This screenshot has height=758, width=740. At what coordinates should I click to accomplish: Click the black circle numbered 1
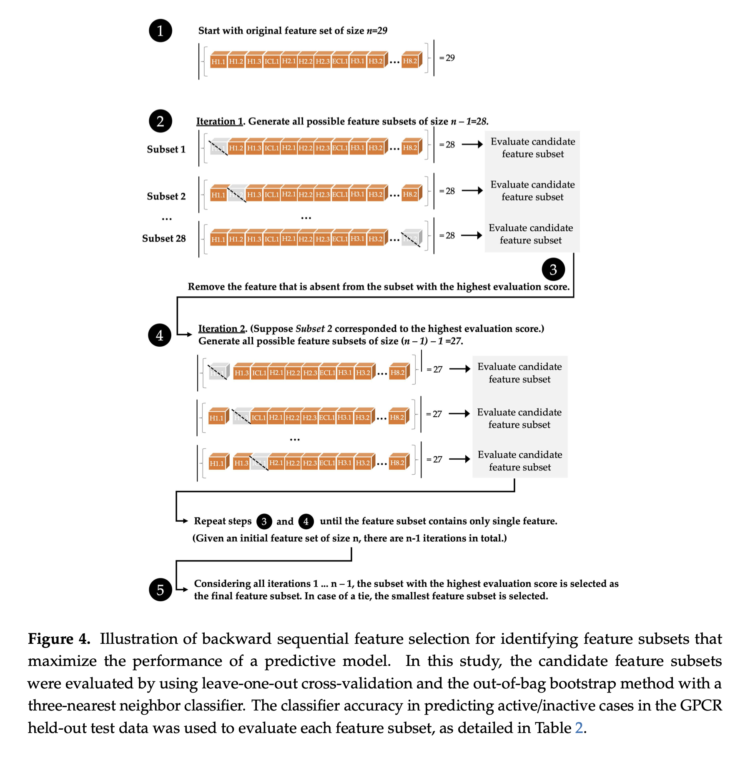(161, 31)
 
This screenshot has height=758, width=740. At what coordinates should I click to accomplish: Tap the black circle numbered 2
(161, 121)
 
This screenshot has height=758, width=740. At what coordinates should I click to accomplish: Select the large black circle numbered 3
(553, 270)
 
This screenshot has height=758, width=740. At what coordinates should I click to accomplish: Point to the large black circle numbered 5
(161, 590)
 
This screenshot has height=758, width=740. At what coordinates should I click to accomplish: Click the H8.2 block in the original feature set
(411, 61)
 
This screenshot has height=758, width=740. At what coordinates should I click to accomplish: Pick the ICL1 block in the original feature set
(271, 61)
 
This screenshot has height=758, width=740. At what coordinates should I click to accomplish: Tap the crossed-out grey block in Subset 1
(218, 147)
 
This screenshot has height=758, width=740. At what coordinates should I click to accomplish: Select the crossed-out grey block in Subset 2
(237, 194)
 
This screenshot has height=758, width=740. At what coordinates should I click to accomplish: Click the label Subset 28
(164, 239)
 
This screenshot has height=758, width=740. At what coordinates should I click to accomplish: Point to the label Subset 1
(166, 150)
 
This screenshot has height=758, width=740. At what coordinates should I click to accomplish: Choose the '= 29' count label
(447, 58)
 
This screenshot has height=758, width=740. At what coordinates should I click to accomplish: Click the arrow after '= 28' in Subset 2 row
(472, 191)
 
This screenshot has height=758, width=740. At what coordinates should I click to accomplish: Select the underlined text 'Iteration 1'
(219, 122)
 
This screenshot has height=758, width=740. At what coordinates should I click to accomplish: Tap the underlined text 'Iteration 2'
(221, 329)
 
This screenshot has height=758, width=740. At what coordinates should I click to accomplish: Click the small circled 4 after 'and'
(306, 521)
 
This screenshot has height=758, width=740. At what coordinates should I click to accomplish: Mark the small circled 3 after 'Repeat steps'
(264, 521)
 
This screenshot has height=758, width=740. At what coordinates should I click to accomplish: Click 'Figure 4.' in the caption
(59, 639)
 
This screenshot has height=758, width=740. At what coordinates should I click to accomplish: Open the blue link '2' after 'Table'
(579, 728)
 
